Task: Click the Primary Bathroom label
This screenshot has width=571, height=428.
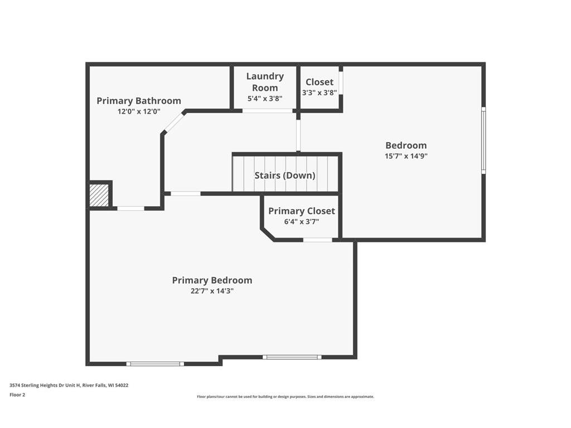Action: point(139,101)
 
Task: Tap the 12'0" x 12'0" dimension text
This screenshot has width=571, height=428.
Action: point(139,111)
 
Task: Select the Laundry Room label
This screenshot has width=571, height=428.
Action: point(265,82)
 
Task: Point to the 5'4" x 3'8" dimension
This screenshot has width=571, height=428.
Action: point(265,99)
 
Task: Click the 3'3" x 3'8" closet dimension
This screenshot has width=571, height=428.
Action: point(320,93)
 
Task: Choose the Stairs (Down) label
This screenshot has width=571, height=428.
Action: point(285,175)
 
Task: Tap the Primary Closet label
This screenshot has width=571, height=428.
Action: point(302,211)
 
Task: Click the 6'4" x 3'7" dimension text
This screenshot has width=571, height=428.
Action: point(302,222)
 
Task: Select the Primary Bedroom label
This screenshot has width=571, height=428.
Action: point(212,280)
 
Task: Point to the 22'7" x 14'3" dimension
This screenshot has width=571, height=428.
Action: point(212,291)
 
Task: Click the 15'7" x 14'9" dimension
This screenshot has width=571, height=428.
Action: point(406,156)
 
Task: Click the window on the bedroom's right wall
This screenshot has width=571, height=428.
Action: point(483,140)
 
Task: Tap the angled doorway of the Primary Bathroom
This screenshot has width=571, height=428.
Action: point(175,123)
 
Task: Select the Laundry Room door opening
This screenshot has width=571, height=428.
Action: point(267,111)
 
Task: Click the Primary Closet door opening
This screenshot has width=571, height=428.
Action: point(317,240)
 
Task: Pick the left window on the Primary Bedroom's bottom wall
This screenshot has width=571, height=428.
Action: point(154,364)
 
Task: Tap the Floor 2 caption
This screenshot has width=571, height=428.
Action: point(17,395)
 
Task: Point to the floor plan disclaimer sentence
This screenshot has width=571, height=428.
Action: point(285,397)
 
